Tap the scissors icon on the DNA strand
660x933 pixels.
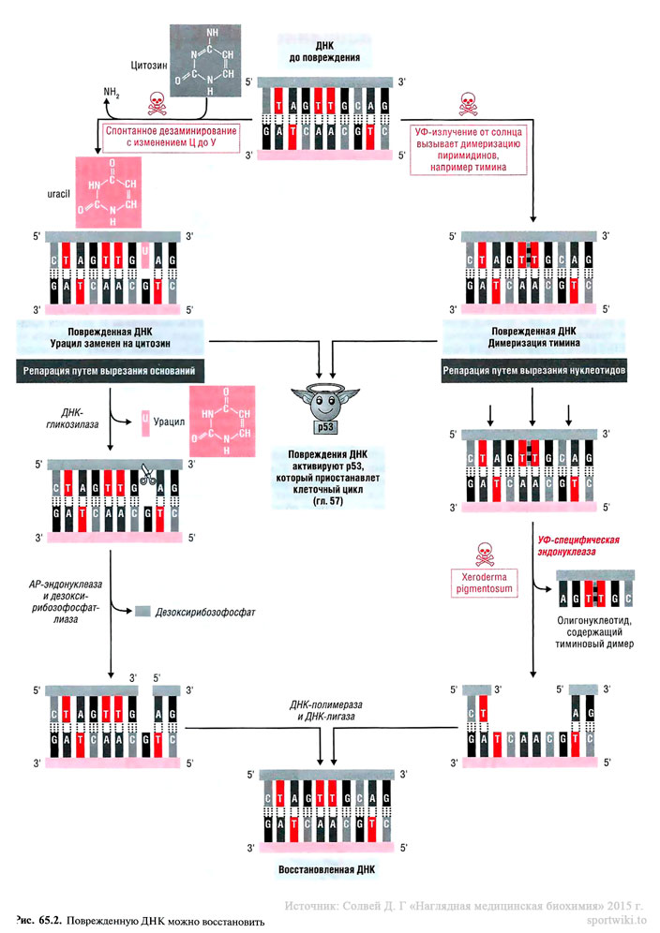tap(148, 475)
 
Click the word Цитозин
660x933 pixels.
tap(148, 67)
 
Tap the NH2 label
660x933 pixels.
tap(111, 93)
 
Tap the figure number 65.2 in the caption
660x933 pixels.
tap(49, 921)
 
